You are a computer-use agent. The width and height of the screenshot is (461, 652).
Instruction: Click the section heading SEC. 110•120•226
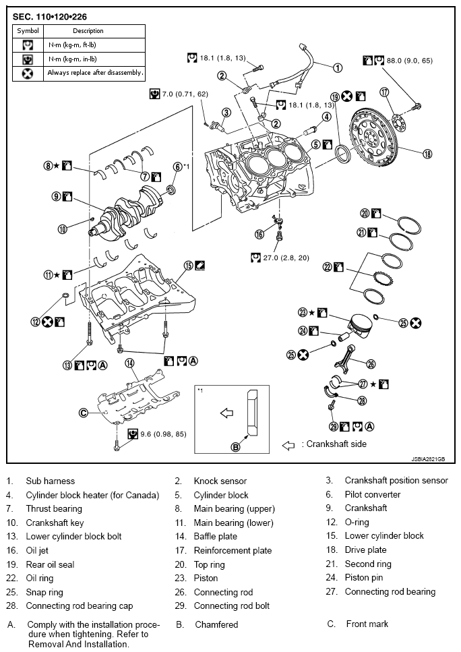coord(49,17)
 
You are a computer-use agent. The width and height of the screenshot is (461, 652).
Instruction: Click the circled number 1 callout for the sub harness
coord(338,67)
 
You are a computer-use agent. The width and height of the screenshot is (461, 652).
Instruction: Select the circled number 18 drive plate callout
coord(427,154)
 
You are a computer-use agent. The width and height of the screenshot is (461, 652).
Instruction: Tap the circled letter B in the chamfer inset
coord(235,448)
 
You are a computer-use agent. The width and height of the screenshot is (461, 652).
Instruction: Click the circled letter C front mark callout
coord(83,413)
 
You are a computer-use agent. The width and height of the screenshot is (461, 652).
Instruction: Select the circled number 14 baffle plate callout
coord(130,363)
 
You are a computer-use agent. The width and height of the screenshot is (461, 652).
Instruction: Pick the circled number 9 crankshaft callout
coord(57,196)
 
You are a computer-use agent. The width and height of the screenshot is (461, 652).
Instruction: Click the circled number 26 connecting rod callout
coord(371,364)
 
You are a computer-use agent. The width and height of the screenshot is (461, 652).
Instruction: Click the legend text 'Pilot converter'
coord(373,494)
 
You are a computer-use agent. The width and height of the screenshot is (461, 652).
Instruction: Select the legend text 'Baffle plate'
coord(215,537)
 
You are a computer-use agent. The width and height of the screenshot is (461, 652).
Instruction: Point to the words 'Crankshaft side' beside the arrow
coord(336,444)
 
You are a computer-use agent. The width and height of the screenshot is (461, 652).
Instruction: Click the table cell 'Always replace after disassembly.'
coord(95,73)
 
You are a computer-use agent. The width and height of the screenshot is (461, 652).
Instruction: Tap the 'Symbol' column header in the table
coord(28,31)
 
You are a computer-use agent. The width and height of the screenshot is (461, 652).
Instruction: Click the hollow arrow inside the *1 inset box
coord(226,413)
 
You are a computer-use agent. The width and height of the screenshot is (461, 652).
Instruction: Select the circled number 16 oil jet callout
coord(259,235)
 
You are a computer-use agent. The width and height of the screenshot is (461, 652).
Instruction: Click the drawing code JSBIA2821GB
coord(428,459)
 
